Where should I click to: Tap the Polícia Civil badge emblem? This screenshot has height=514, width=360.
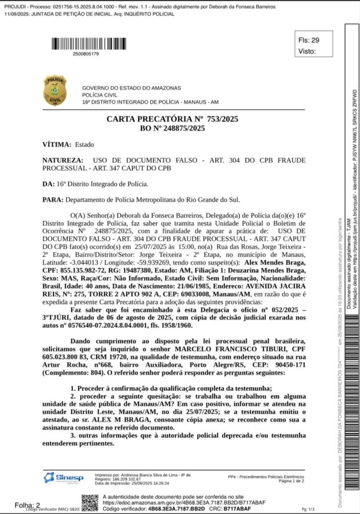point(55,90)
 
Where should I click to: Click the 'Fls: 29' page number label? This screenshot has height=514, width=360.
point(309,40)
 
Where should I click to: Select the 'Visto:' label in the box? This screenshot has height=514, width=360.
point(307,51)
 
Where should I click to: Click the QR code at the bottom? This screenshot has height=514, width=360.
point(90,503)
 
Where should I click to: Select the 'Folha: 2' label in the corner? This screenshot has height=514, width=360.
point(27,505)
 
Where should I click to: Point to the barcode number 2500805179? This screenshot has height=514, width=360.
point(86,54)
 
